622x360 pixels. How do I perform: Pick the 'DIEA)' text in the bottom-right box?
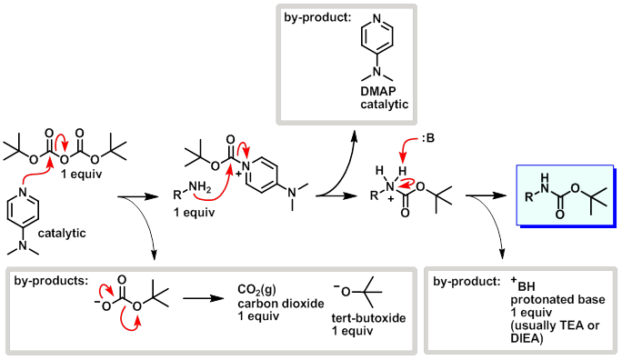coord(528,337)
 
